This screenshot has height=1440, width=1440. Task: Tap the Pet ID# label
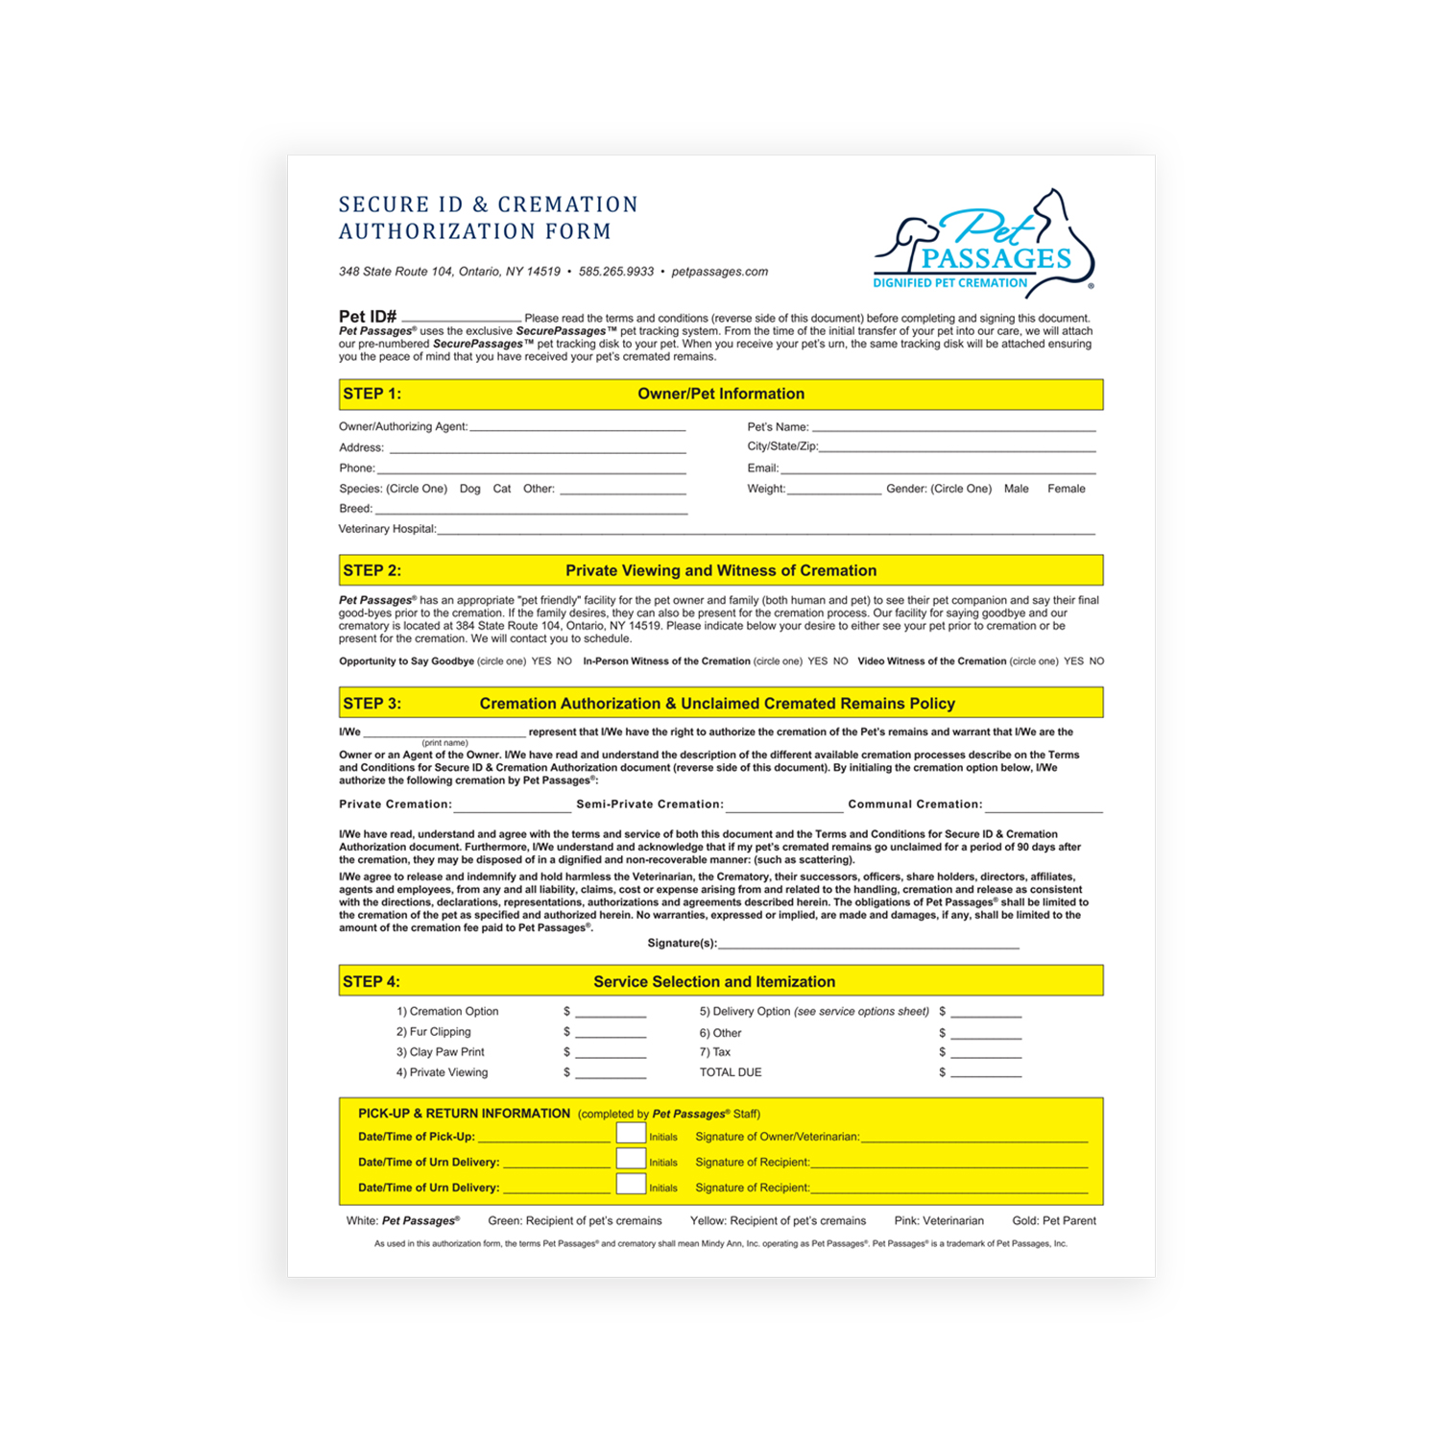[368, 317]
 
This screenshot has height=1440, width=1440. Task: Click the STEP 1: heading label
[372, 394]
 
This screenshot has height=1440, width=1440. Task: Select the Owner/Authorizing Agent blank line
[578, 427]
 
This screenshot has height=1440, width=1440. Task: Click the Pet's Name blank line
[953, 427]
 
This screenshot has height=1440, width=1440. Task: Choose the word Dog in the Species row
[469, 489]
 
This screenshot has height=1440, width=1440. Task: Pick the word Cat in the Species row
[502, 489]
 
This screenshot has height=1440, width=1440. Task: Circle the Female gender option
[1066, 489]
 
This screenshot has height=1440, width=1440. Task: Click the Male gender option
[1016, 489]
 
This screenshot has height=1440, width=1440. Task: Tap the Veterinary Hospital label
[387, 529]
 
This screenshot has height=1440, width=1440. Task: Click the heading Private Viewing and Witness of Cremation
[721, 570]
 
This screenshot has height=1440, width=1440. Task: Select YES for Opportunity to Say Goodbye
[541, 661]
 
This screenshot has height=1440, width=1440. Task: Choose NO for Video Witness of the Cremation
[1096, 661]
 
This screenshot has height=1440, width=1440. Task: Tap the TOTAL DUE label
[731, 1072]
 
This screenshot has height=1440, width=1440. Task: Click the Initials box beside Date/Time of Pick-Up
[631, 1134]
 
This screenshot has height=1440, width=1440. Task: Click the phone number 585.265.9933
[616, 272]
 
